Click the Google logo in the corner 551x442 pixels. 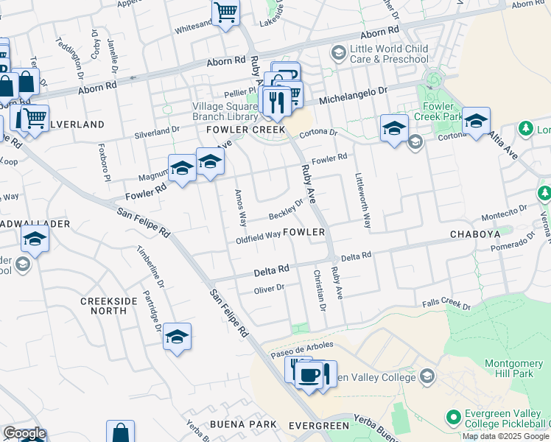tap(24, 434)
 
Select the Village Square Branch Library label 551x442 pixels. tap(225, 110)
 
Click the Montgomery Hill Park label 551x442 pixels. tap(513, 369)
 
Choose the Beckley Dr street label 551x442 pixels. tap(286, 208)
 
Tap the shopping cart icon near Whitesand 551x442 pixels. tap(225, 12)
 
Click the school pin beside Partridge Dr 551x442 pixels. tap(177, 337)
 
